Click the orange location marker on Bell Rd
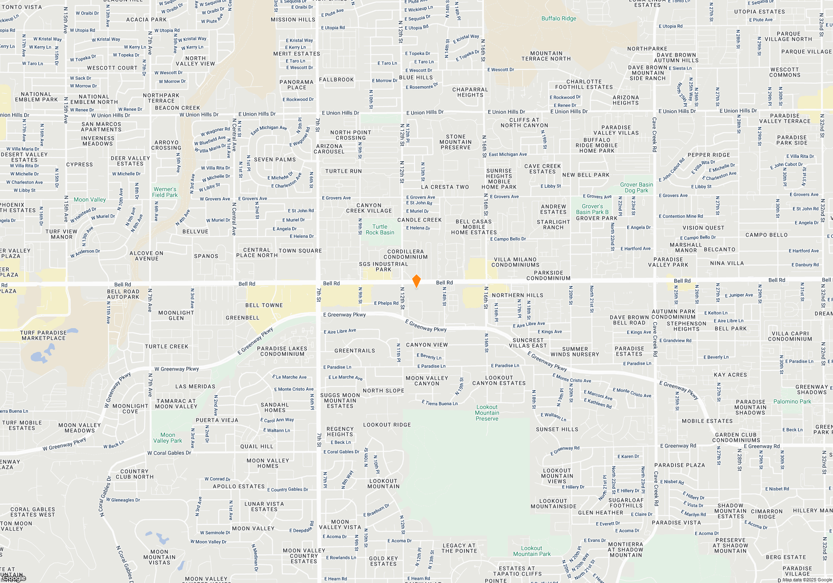point(416,281)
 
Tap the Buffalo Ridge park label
point(559,18)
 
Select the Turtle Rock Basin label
point(380,230)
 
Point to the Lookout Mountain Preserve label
point(487,413)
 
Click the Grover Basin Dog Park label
point(636,187)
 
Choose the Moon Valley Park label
point(167,438)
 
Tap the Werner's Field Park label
point(165,192)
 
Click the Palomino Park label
point(792,401)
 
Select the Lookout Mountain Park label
point(532,551)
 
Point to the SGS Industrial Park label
point(384,267)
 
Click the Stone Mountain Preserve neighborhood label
point(456,142)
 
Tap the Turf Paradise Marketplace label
point(43,335)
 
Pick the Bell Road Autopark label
point(123,294)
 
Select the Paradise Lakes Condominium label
point(282,351)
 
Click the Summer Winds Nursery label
point(575,351)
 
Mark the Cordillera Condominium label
point(406,254)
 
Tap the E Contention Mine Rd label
point(681,216)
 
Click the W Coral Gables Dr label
point(169,453)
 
